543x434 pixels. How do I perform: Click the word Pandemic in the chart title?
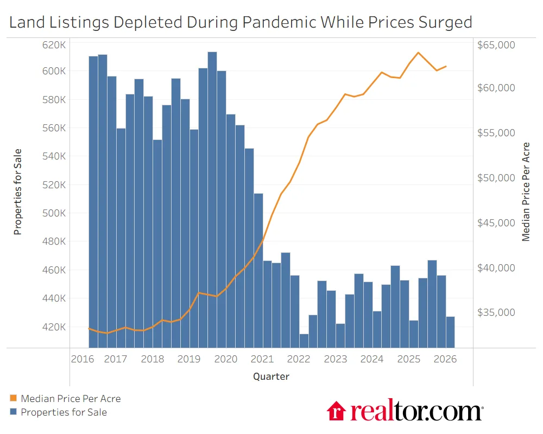279,22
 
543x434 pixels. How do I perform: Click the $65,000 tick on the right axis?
495,44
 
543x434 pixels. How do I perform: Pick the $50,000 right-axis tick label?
495,178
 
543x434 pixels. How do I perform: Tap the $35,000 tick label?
495,312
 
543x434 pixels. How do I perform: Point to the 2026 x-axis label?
445,359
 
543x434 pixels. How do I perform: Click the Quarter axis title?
271,376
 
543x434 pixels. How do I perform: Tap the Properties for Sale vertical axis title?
18,192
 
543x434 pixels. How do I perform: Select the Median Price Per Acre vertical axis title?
526,192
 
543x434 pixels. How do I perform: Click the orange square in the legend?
13,399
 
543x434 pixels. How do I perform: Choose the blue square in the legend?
13,412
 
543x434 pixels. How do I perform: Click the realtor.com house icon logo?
337,411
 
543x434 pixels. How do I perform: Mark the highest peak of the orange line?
418,53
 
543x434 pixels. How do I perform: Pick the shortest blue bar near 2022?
304,340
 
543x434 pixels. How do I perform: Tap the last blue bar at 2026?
450,331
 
